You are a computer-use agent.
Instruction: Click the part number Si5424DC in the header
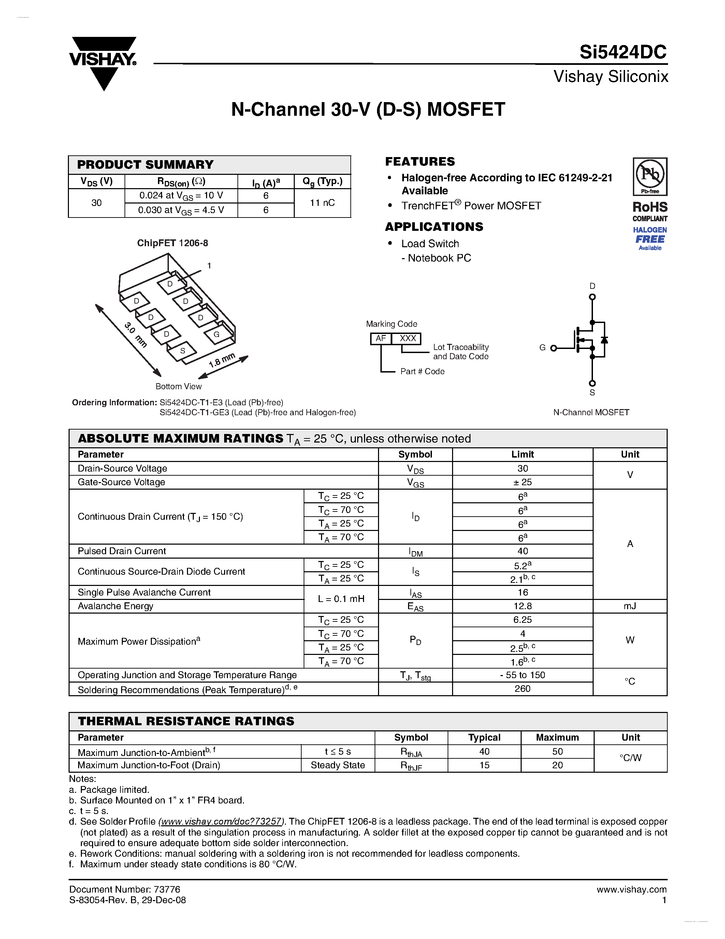coord(622,53)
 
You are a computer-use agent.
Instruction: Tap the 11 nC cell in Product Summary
coord(322,203)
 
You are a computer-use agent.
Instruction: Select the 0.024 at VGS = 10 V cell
coord(181,196)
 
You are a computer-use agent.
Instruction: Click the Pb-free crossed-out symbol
coord(650,175)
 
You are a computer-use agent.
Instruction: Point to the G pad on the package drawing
coord(216,335)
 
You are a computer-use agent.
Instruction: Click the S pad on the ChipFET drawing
coord(183,351)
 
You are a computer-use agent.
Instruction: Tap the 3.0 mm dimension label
coord(136,335)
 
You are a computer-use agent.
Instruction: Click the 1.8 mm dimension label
coord(222,360)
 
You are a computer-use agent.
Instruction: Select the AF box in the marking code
coord(380,339)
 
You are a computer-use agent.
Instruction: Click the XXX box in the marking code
coord(408,339)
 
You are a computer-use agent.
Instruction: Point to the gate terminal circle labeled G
coord(554,348)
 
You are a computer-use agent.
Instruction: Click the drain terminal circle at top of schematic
coord(592,297)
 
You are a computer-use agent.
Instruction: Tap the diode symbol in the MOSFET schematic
coord(604,340)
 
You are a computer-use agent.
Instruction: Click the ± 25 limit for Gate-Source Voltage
coord(522,482)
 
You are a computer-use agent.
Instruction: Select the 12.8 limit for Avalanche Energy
coord(522,606)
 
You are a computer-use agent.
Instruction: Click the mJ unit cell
coord(630,606)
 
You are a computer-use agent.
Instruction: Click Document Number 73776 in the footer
coord(125,889)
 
